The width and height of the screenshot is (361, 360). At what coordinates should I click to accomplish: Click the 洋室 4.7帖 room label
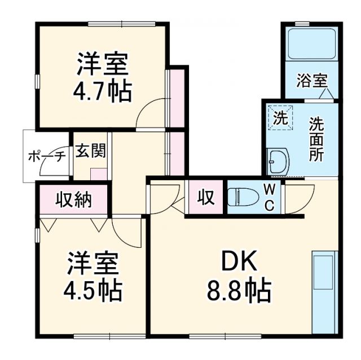103,77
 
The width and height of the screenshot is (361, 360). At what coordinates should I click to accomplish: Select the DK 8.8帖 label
239,277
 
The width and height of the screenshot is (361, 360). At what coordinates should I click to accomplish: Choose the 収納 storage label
73,199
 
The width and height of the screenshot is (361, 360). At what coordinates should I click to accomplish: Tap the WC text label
269,197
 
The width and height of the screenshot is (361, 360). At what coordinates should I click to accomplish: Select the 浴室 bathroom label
311,80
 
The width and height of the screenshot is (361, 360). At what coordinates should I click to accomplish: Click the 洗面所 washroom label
316,138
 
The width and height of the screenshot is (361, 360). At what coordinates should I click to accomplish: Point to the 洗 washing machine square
280,118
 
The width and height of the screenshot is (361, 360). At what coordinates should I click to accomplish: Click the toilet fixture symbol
243,197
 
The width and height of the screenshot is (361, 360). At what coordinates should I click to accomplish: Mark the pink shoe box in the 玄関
99,174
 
